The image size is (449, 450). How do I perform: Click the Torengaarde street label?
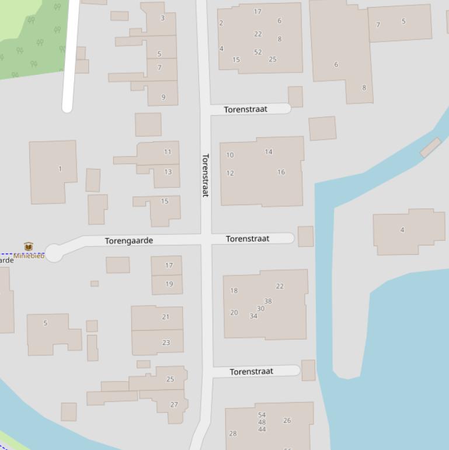[128, 241]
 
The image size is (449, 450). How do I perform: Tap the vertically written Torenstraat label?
[206, 175]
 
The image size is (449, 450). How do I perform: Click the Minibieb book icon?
[29, 247]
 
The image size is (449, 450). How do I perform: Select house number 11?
[168, 152]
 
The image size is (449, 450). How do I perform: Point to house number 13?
[168, 172]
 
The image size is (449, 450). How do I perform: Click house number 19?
[169, 284]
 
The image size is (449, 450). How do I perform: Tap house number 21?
[166, 317]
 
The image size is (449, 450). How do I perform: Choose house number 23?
[166, 342]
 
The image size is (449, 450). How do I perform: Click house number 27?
[174, 404]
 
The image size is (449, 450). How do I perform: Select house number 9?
[163, 97]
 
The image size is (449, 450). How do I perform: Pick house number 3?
[162, 18]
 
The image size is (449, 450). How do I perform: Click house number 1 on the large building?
[60, 169]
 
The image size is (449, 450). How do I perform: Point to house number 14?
[269, 152]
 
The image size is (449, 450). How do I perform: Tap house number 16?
[281, 172]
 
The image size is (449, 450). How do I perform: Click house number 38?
[268, 302]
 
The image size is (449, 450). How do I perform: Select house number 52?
[258, 52]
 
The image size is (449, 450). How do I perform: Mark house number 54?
[262, 415]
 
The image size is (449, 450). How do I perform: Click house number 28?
[233, 434]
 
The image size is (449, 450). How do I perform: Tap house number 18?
[234, 290]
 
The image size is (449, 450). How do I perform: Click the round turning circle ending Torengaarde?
[54, 254]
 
